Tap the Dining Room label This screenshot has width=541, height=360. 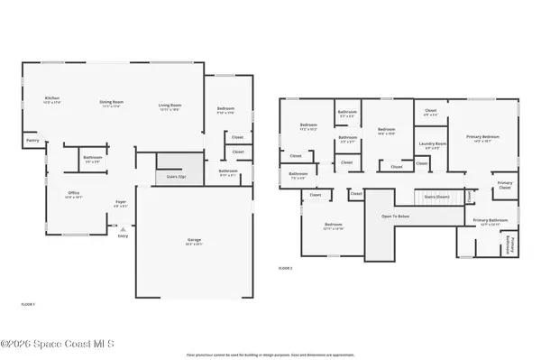[x=112, y=103]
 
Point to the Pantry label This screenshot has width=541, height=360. [x=32, y=140]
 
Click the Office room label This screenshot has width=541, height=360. [x=73, y=193]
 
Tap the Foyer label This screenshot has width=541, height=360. [x=120, y=202]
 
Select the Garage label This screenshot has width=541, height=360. [x=194, y=241]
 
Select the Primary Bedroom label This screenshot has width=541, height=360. [x=483, y=138]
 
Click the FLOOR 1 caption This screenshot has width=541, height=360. [x=28, y=304]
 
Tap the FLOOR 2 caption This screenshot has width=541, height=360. [x=285, y=268]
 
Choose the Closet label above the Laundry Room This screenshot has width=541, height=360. [x=431, y=112]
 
